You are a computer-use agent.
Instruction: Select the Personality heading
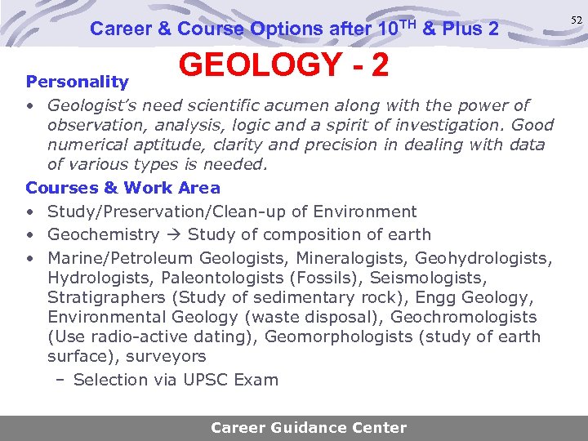click(x=78, y=82)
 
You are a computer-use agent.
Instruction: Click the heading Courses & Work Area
click(x=122, y=188)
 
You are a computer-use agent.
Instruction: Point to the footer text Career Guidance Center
click(x=309, y=427)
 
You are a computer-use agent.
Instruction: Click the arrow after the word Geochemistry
click(x=174, y=235)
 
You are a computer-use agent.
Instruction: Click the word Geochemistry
click(x=104, y=235)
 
